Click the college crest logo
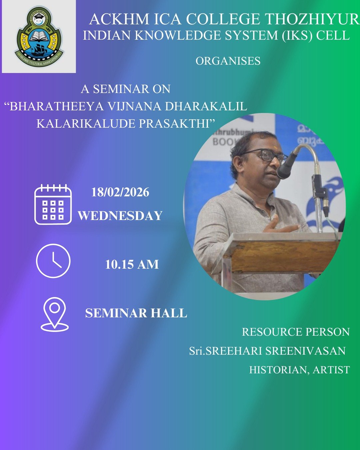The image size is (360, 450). (x=39, y=37)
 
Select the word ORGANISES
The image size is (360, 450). (x=228, y=61)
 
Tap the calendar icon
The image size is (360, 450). (x=53, y=204)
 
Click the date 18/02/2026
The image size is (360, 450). (x=120, y=193)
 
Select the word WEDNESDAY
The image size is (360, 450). (x=120, y=216)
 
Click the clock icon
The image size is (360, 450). (x=53, y=261)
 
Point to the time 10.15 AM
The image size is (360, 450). (x=132, y=265)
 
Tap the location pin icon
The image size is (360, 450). (x=55, y=314)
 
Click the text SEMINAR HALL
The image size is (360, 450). (x=136, y=313)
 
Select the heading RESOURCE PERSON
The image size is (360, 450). (x=296, y=332)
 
